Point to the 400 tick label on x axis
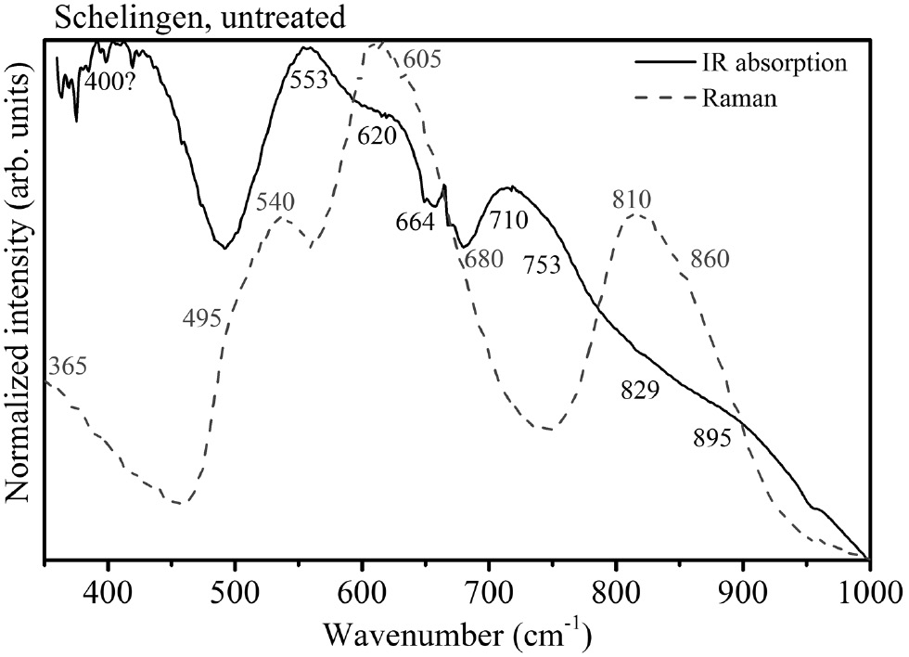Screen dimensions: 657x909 pyautogui.click(x=109, y=594)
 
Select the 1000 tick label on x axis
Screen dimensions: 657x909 pyautogui.click(x=866, y=594)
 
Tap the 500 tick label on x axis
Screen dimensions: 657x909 pyautogui.click(x=236, y=594)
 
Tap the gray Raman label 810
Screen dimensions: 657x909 pyautogui.click(x=632, y=199)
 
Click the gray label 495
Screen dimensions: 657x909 pyautogui.click(x=202, y=320)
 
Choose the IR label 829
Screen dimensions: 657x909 pyautogui.click(x=639, y=390)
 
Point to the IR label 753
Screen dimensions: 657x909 pyautogui.click(x=541, y=265)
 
